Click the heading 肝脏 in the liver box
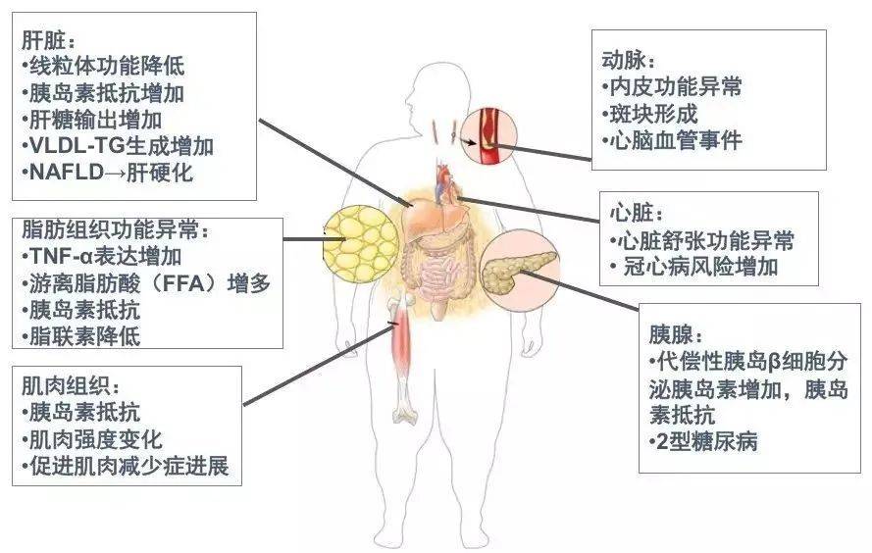[47, 39]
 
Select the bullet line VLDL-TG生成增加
[118, 146]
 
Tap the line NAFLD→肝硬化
[108, 173]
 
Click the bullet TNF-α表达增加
[102, 256]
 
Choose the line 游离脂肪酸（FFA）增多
[146, 283]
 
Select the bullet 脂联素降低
[81, 336]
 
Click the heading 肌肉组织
[71, 386]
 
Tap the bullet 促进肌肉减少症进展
[126, 466]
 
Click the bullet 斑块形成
[650, 114]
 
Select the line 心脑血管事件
[672, 140]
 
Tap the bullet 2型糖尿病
[703, 442]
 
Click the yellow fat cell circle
[361, 243]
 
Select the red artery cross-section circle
[489, 136]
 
